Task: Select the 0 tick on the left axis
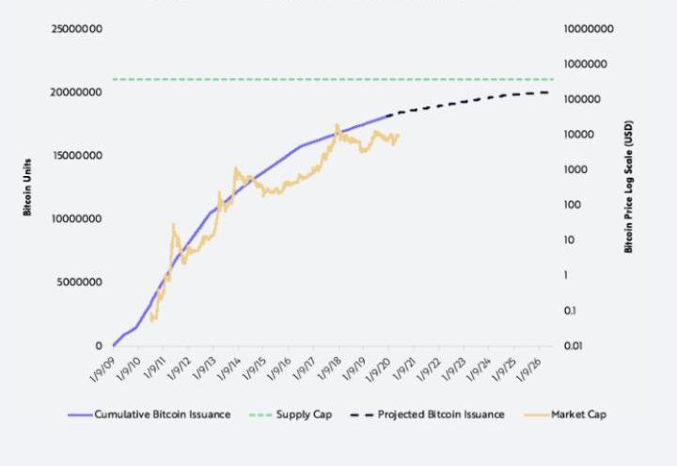pyautogui.click(x=98, y=345)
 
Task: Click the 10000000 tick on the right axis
pyautogui.click(x=589, y=29)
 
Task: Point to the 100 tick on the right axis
pyautogui.click(x=572, y=204)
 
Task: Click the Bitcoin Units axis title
pyautogui.click(x=29, y=186)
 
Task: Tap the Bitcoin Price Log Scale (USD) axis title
pyautogui.click(x=627, y=186)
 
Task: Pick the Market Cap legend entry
pyautogui.click(x=578, y=414)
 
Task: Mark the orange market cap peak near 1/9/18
pyautogui.click(x=337, y=125)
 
